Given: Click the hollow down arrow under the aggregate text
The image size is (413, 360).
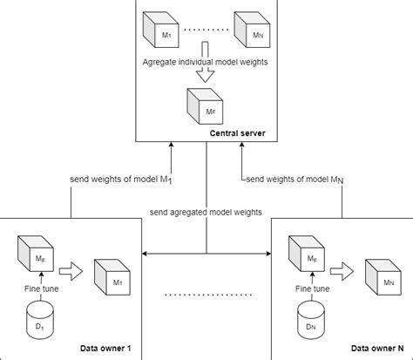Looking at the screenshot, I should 206,78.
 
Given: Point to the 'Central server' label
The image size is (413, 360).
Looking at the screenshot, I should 237,133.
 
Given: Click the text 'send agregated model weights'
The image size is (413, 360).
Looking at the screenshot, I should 206,211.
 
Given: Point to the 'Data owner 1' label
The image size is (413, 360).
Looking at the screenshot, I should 103,349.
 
